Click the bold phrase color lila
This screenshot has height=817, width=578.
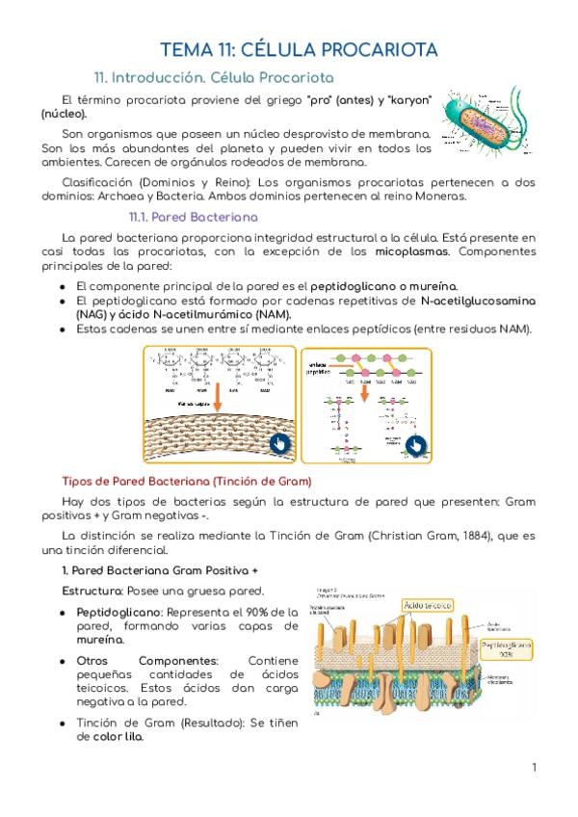pyautogui.click(x=118, y=737)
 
